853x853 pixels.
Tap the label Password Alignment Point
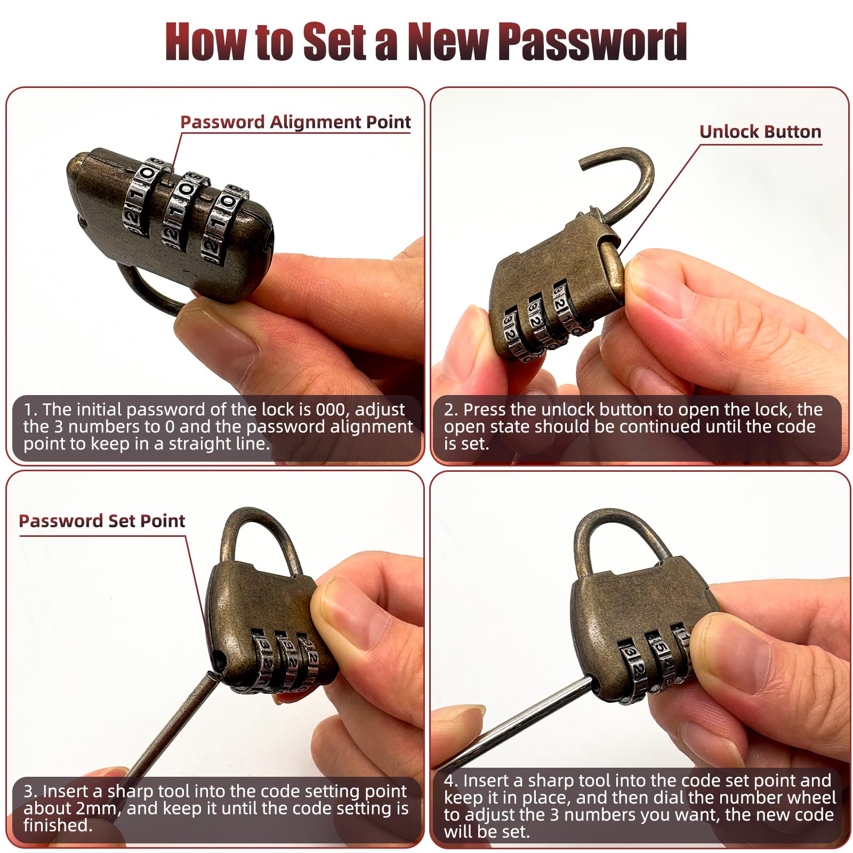pos(295,122)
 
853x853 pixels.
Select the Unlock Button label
pos(760,132)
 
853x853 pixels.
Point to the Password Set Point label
pos(102,521)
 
